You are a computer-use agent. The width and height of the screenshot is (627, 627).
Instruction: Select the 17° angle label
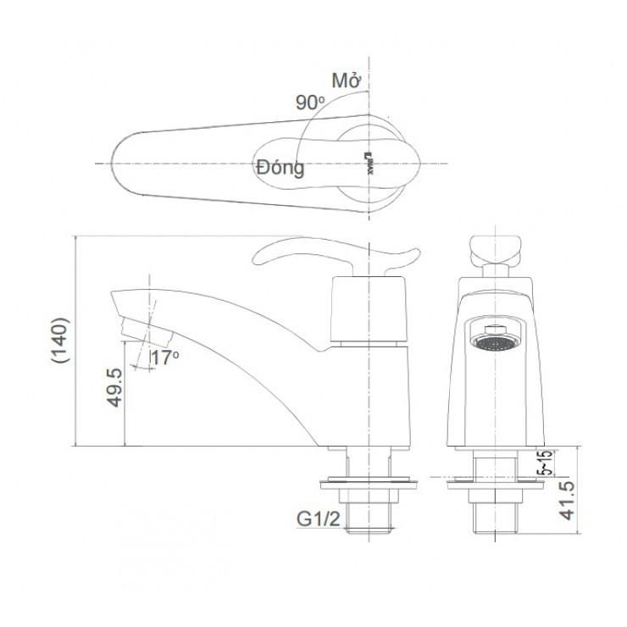165,358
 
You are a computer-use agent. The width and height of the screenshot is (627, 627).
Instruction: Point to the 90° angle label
311,102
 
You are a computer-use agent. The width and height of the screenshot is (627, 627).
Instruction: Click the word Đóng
279,167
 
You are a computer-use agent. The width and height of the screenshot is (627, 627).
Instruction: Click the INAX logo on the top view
368,162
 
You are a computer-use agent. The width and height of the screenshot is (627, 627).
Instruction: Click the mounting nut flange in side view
369,486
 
